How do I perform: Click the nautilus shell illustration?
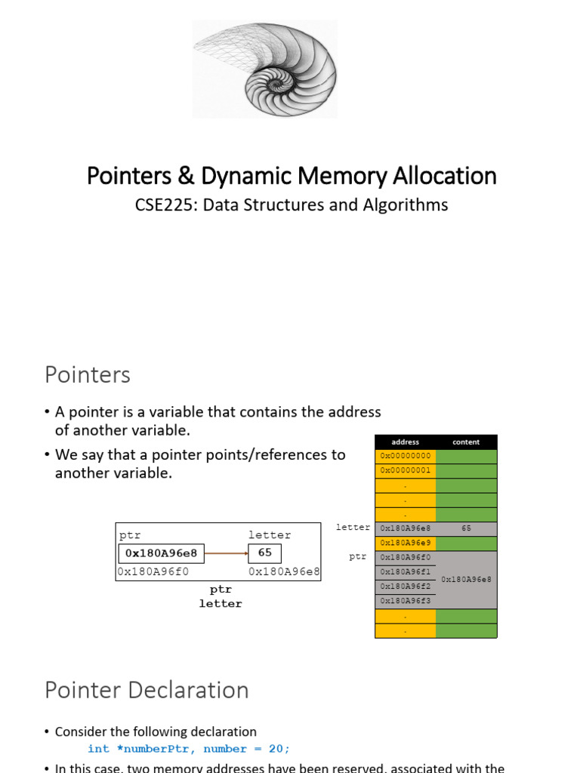click(x=264, y=69)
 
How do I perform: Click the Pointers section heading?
click(x=88, y=374)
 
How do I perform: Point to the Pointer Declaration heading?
click(x=147, y=690)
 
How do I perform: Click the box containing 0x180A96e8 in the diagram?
click(x=161, y=553)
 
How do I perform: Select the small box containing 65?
click(x=265, y=553)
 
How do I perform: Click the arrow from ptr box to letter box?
click(x=226, y=553)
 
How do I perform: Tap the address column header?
click(x=406, y=442)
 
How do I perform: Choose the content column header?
click(x=466, y=442)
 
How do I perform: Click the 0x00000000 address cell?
click(x=406, y=456)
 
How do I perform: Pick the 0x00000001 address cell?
click(x=406, y=470)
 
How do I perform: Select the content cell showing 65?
click(x=466, y=528)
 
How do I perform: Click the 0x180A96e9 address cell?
click(x=406, y=543)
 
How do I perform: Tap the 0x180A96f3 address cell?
click(x=406, y=601)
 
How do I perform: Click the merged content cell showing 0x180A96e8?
click(x=466, y=579)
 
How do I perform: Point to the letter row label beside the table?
click(x=353, y=528)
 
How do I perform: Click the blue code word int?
click(x=98, y=749)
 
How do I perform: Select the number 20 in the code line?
click(x=275, y=749)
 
